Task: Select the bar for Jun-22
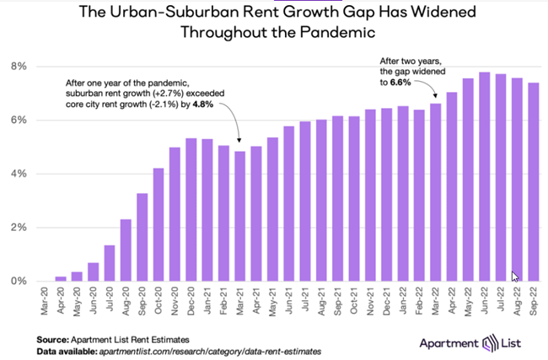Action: pyautogui.click(x=485, y=177)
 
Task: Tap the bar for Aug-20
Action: pyautogui.click(x=125, y=250)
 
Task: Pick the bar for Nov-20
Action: pyautogui.click(x=175, y=214)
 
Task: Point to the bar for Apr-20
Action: pyautogui.click(x=60, y=279)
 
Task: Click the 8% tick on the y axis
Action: pyautogui.click(x=19, y=66)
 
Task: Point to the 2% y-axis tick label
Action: pyautogui.click(x=19, y=228)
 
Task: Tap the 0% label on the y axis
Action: pyautogui.click(x=19, y=281)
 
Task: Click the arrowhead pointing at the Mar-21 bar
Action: pyautogui.click(x=240, y=142)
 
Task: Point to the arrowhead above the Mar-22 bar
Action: pyautogui.click(x=436, y=96)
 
